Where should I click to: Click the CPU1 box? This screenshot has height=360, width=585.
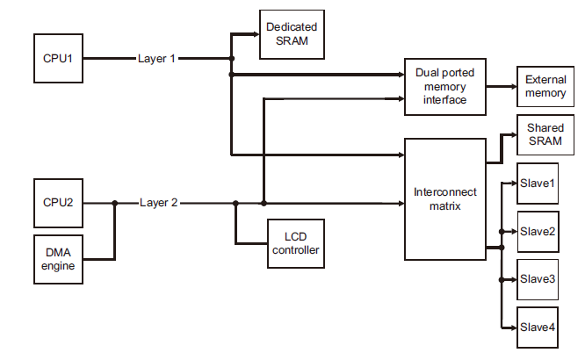point(58,59)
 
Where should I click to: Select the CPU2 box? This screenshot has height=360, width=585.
point(58,203)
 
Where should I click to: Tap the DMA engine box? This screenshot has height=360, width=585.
point(58,259)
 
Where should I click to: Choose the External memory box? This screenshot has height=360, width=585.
point(545,87)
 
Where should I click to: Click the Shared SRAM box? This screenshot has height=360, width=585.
point(545,135)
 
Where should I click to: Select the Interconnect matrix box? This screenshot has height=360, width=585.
point(444,198)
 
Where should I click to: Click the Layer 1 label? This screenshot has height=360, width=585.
point(157,59)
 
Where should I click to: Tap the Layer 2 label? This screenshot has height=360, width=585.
point(158,203)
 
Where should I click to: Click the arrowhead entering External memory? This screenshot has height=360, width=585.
point(511,87)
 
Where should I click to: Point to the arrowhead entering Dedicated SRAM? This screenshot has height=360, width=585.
point(255,35)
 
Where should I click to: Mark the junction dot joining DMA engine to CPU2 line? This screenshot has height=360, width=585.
point(114,203)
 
